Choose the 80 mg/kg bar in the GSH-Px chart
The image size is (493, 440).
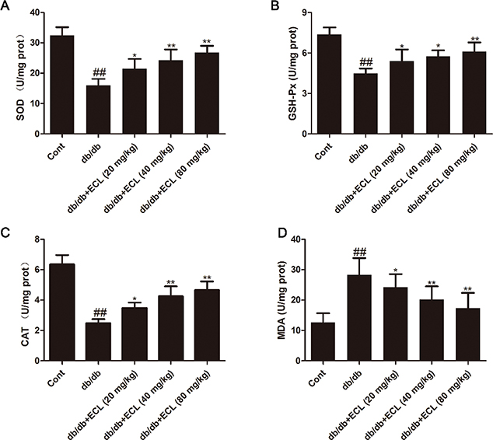click(x=460, y=93)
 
